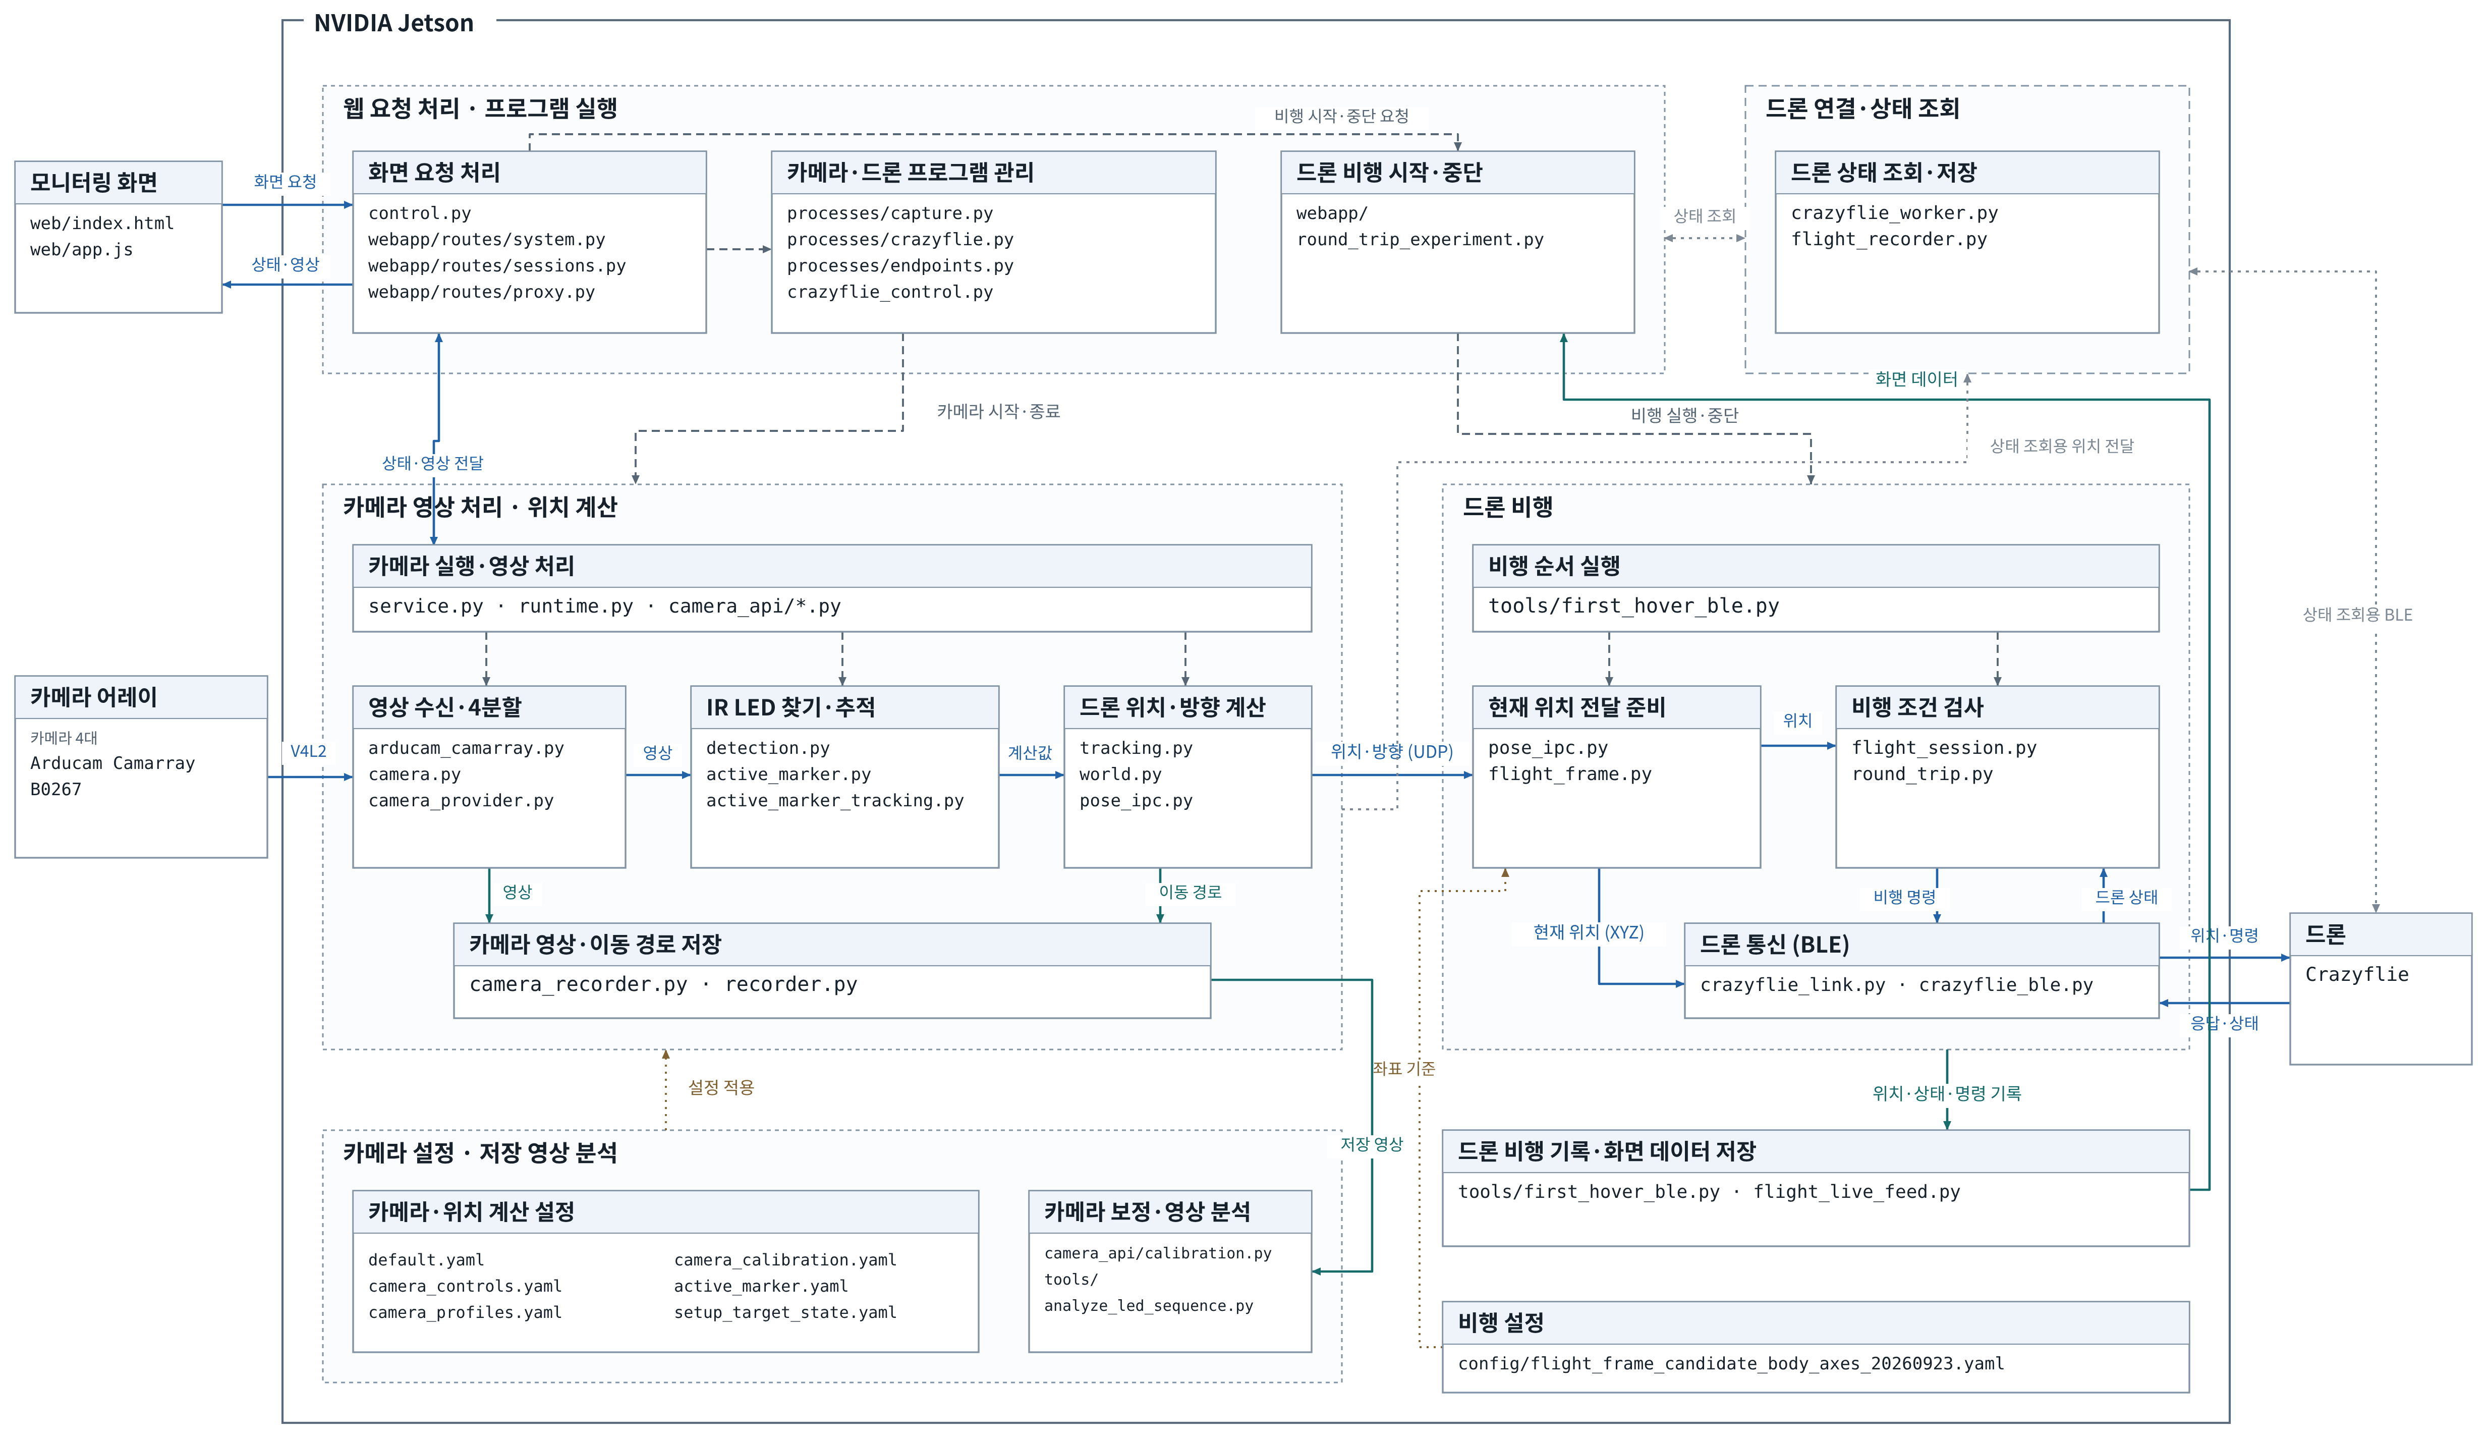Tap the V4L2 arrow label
(x=308, y=751)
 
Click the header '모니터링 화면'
(x=94, y=183)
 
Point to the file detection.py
(x=768, y=748)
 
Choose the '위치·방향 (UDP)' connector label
(x=1391, y=751)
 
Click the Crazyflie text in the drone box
(x=2357, y=974)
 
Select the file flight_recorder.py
(x=1889, y=239)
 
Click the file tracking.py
(x=1136, y=748)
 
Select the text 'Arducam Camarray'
(x=112, y=763)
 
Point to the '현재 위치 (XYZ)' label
(x=1588, y=932)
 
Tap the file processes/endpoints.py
(x=900, y=265)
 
